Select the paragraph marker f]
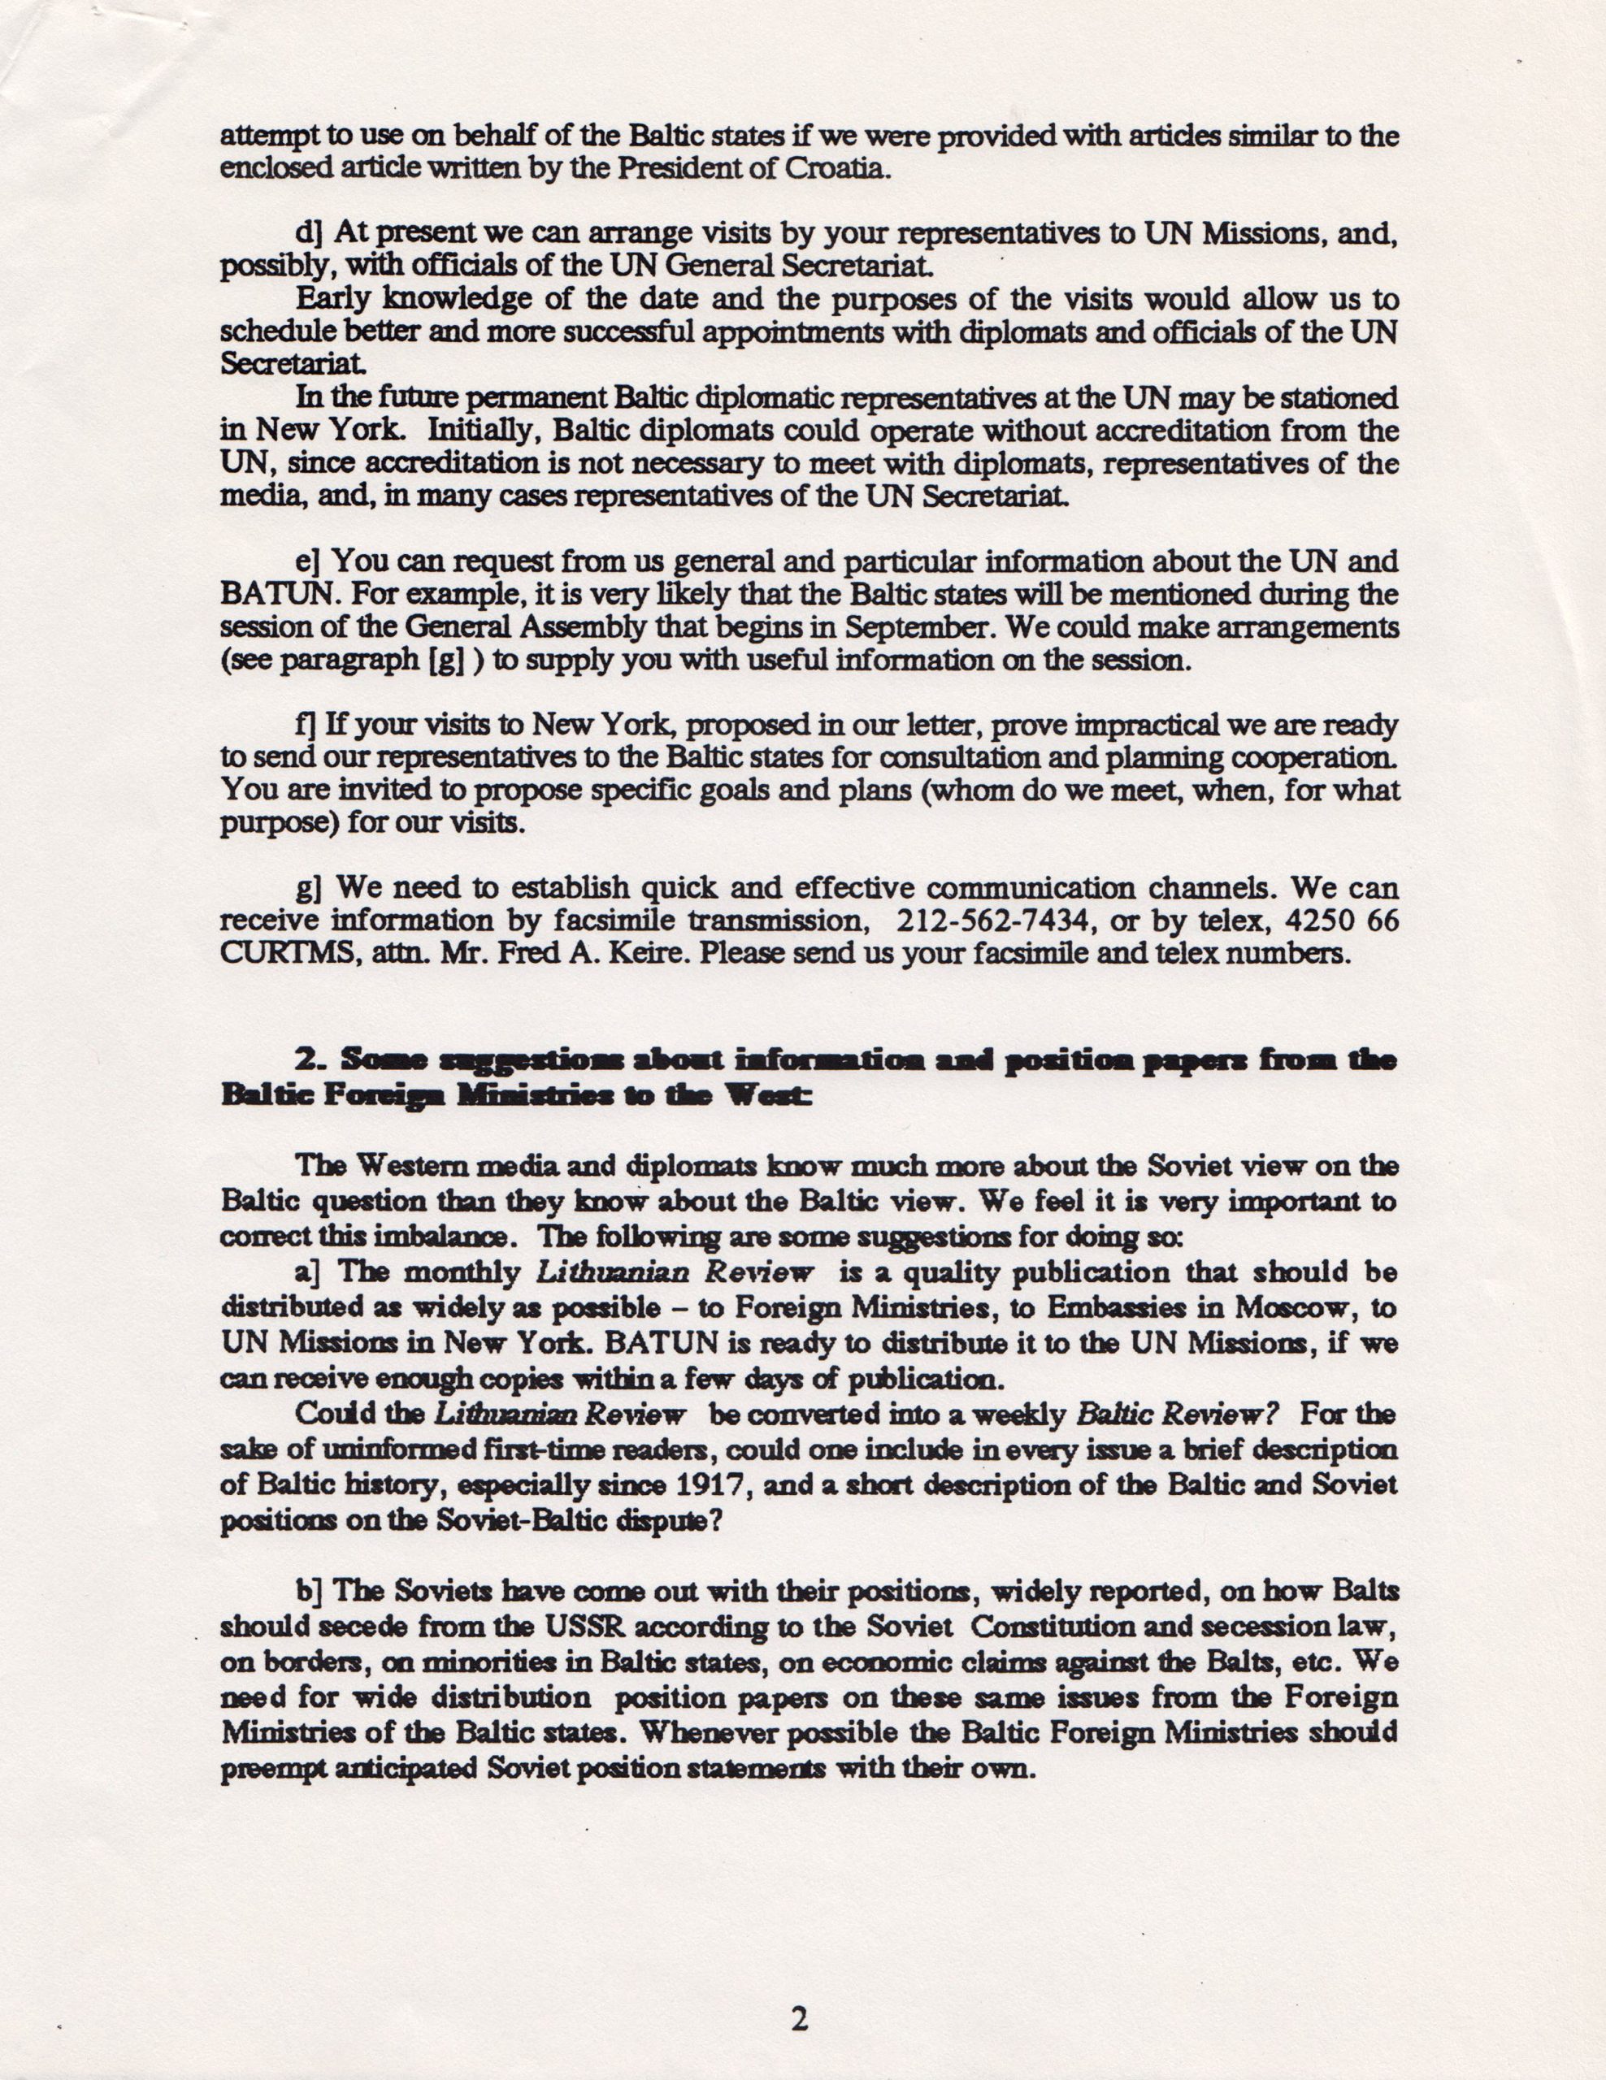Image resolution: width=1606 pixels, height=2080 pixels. click(306, 726)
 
